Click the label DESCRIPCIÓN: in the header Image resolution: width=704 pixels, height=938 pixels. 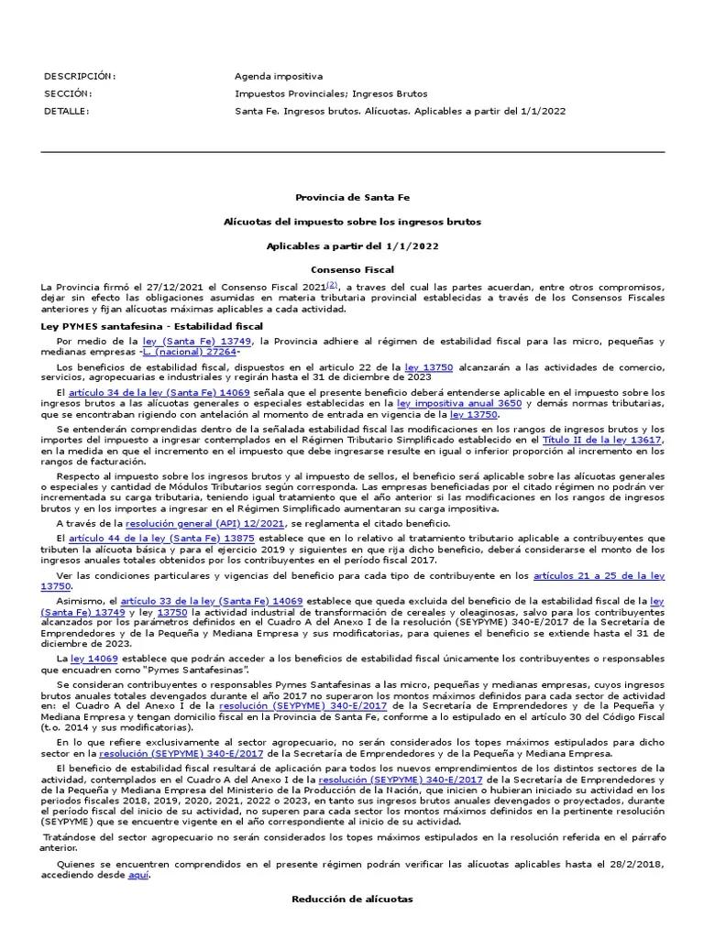[x=80, y=76]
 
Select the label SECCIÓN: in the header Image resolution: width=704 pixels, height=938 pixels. [x=68, y=93]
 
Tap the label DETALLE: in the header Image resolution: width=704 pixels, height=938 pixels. [x=67, y=111]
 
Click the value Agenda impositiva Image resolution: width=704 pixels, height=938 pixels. [x=279, y=76]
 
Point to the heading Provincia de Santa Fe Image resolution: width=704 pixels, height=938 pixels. [x=352, y=197]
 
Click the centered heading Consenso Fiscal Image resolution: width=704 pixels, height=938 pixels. [x=352, y=270]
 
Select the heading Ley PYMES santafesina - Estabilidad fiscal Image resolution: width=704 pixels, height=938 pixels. [x=152, y=326]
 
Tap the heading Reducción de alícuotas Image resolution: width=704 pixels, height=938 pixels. [x=352, y=900]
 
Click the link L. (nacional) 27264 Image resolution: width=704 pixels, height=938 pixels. [x=191, y=352]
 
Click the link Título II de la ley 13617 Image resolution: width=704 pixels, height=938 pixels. [x=601, y=440]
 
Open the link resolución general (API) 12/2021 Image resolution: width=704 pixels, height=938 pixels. [x=192, y=524]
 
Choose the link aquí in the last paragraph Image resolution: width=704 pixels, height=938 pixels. [x=138, y=875]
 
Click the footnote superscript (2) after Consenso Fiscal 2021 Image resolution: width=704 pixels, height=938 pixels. [x=332, y=285]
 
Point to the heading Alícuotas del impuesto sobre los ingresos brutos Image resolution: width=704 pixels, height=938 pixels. [x=352, y=222]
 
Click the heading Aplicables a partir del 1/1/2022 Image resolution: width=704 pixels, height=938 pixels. [x=352, y=246]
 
